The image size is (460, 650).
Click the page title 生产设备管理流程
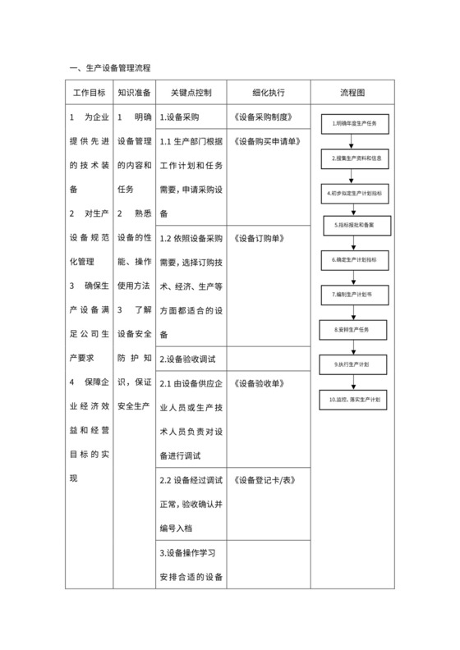pos(113,66)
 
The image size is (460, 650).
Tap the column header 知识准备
pos(134,92)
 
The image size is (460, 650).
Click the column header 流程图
pos(352,92)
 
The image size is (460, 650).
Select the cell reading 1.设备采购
pos(180,117)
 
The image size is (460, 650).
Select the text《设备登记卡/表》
pos(264,480)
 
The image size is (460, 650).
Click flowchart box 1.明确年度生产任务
pos(355,123)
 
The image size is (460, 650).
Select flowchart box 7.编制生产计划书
pos(355,293)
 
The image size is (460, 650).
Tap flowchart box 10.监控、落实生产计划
pos(355,398)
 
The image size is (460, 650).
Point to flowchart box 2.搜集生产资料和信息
pos(355,157)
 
